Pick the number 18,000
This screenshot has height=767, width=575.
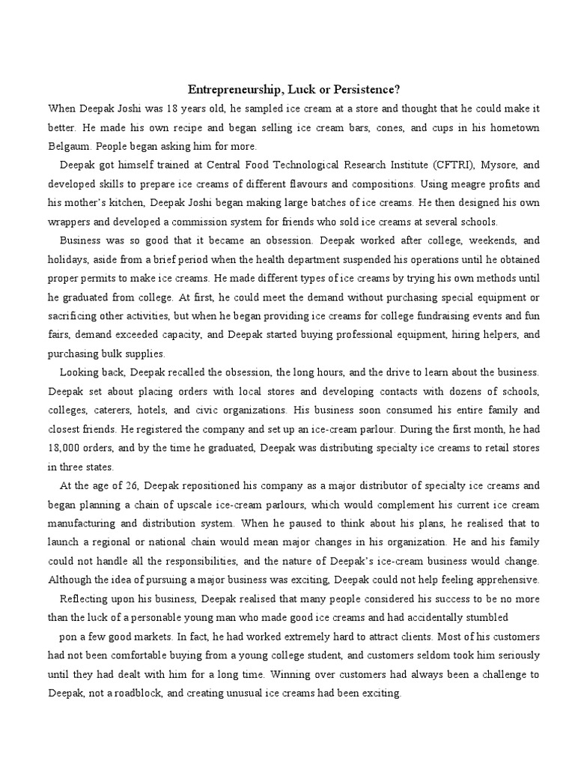[69, 448]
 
